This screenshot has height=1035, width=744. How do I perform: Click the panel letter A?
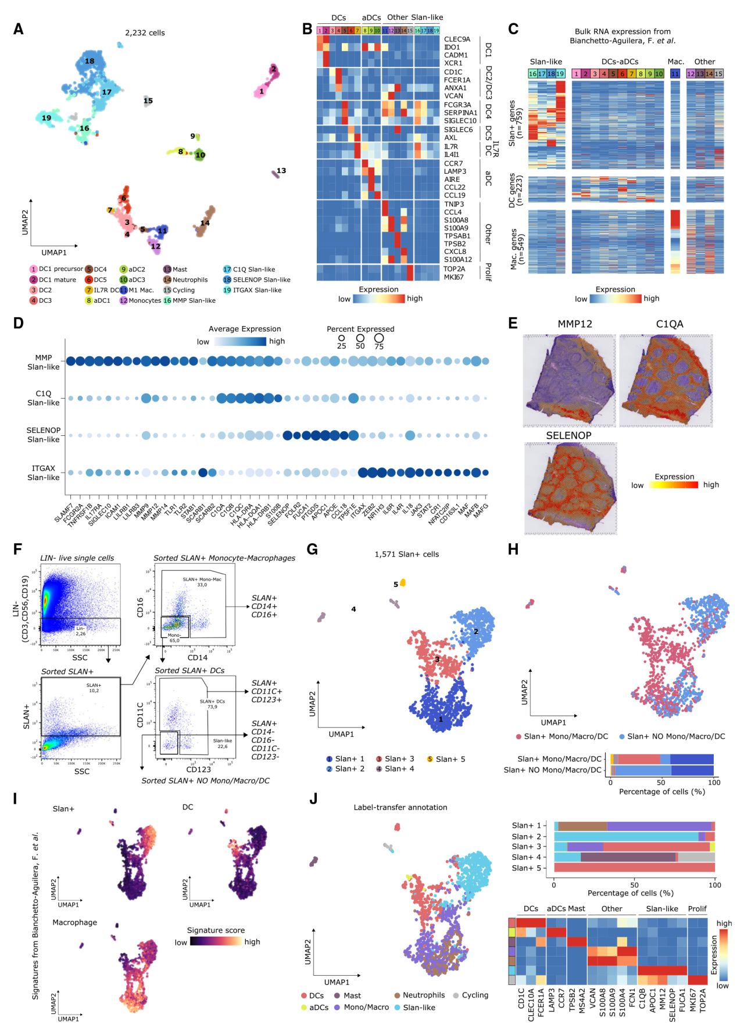19,29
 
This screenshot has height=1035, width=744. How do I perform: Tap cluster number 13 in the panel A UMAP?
281,171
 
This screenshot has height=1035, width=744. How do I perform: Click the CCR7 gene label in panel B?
453,164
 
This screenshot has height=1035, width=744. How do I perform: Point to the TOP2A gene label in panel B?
454,269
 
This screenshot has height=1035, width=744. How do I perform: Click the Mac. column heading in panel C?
675,62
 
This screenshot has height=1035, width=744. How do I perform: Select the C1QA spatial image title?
670,324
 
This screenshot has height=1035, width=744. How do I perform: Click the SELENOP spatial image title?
568,436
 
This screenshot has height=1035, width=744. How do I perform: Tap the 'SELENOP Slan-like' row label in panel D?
44,435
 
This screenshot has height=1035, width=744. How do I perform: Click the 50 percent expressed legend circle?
360,338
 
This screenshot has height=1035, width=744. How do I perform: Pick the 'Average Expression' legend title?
245,329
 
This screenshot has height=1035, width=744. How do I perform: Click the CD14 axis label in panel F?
198,658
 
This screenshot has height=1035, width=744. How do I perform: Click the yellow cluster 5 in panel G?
402,583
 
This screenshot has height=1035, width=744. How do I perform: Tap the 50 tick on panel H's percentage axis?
661,783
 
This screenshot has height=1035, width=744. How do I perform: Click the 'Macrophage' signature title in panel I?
74,923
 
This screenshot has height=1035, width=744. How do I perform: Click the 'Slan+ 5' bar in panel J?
634,868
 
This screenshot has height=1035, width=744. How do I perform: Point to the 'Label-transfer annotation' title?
400,808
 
